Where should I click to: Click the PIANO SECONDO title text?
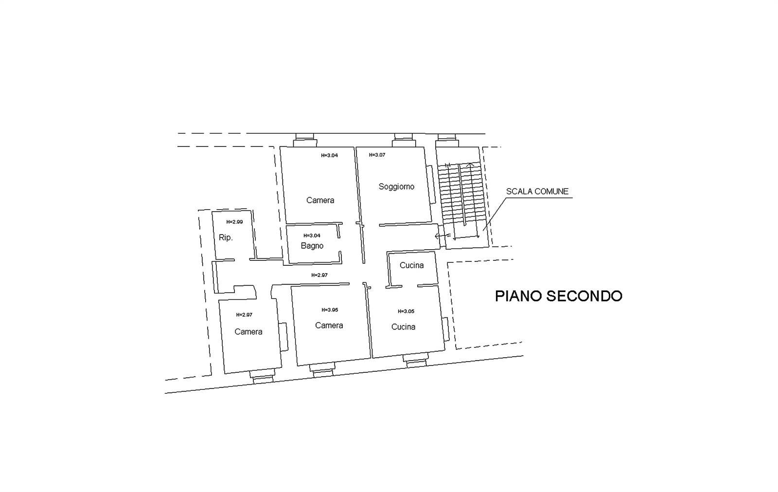click(x=559, y=296)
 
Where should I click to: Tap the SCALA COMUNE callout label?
click(x=537, y=191)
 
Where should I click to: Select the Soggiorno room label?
click(x=396, y=187)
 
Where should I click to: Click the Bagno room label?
click(x=312, y=246)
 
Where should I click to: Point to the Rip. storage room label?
click(x=226, y=237)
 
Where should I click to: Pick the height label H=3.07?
click(x=377, y=155)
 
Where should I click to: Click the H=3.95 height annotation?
click(x=330, y=310)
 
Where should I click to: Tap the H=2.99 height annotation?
click(x=234, y=222)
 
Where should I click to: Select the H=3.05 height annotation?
click(x=406, y=311)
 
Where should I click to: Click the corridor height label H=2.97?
click(x=319, y=275)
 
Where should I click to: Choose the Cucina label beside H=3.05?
click(x=403, y=327)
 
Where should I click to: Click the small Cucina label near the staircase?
click(x=411, y=265)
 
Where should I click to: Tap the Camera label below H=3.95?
click(x=329, y=326)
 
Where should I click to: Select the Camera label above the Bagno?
click(x=320, y=200)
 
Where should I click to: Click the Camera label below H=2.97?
click(x=248, y=332)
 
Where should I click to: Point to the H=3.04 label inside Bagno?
click(x=312, y=236)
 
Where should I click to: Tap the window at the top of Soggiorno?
click(x=404, y=140)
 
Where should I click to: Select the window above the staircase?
click(x=447, y=140)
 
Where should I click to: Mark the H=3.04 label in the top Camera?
click(x=329, y=155)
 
